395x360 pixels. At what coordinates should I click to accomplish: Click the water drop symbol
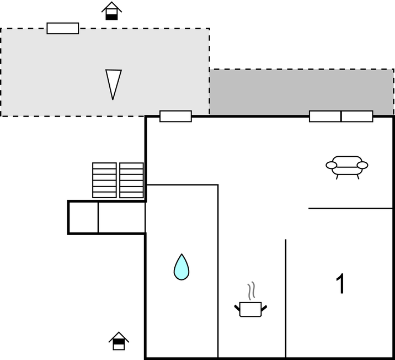click(x=182, y=267)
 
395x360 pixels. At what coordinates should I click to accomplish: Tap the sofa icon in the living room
click(x=347, y=165)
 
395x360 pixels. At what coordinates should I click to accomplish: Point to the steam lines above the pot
click(x=251, y=290)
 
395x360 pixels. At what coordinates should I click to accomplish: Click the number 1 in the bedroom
click(x=341, y=284)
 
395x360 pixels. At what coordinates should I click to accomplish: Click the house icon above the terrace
click(x=112, y=11)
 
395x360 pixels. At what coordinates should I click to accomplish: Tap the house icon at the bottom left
click(x=119, y=341)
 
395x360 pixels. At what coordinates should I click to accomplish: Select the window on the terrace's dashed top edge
click(x=62, y=28)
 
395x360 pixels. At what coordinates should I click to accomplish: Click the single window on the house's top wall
click(x=175, y=116)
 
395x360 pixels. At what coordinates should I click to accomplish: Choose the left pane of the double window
click(x=325, y=116)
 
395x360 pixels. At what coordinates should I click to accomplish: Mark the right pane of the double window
click(x=357, y=116)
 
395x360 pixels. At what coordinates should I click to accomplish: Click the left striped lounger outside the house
click(x=104, y=180)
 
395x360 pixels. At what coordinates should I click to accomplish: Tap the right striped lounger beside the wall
click(x=131, y=180)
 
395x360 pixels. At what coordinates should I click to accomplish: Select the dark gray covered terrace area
click(x=301, y=92)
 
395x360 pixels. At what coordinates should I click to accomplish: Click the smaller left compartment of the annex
click(x=83, y=217)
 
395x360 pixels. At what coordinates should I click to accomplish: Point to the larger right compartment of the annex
click(x=121, y=217)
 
